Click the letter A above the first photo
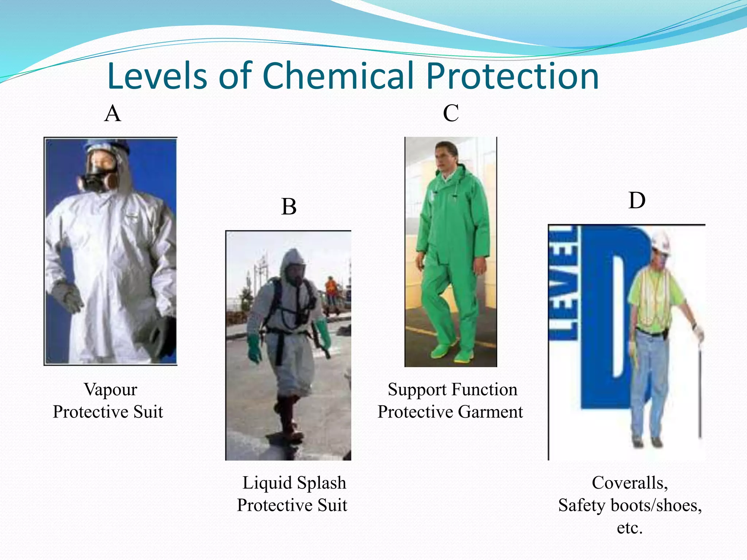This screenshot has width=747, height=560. [x=112, y=113]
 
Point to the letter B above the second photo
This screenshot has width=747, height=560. [x=289, y=207]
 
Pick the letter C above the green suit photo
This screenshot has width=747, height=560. [x=451, y=113]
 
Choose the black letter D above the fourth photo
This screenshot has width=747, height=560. [x=637, y=201]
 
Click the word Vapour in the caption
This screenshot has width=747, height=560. [x=111, y=389]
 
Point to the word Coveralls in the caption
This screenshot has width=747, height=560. [x=630, y=483]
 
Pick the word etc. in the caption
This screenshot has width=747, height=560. [x=630, y=528]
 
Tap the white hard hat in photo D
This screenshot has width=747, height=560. [x=661, y=242]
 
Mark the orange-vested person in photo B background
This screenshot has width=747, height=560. [x=331, y=288]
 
